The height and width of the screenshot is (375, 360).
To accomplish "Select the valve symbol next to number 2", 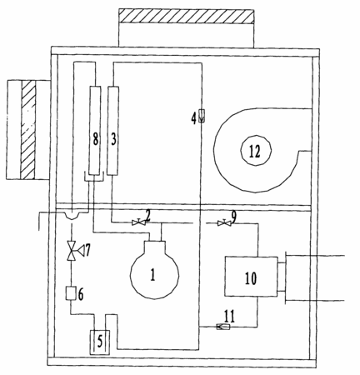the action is click(138, 222).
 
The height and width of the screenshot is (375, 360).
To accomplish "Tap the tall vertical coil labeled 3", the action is click(113, 131).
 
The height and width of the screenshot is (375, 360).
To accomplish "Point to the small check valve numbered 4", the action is click(202, 116).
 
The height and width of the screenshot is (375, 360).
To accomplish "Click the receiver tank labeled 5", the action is click(100, 342).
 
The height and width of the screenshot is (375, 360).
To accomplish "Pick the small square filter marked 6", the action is click(72, 293).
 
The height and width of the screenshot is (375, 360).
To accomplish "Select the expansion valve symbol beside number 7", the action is click(72, 251).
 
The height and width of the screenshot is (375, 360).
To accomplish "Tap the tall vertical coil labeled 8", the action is click(95, 131).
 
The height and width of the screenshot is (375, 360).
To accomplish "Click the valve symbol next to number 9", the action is click(224, 222).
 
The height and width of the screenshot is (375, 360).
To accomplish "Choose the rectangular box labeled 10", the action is click(251, 277).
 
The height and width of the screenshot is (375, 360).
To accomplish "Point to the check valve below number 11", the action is click(223, 327).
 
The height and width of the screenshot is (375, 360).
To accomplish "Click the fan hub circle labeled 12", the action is click(256, 151).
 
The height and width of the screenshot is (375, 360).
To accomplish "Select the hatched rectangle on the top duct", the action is click(186, 16).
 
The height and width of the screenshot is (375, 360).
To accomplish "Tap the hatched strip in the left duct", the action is click(28, 129).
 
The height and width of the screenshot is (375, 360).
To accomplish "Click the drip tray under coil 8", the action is click(94, 177).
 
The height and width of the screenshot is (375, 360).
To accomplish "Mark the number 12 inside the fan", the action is click(255, 152).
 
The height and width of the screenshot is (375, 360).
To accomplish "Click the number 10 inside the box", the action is click(251, 278).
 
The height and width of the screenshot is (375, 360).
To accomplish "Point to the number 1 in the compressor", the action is click(152, 275).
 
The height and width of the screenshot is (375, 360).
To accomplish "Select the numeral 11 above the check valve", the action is click(229, 316).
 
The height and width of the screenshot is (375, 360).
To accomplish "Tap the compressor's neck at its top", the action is click(155, 246).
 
